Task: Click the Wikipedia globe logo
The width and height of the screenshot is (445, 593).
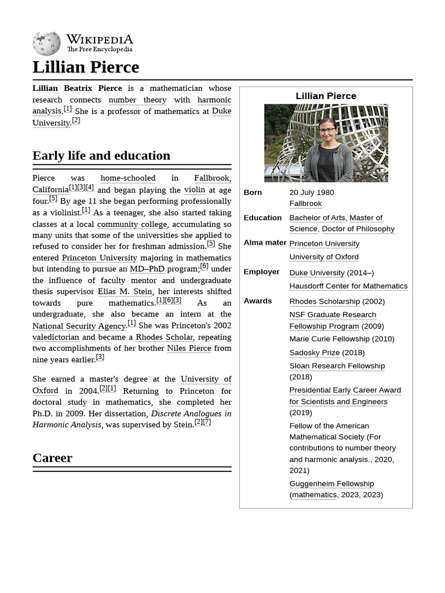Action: [46, 44]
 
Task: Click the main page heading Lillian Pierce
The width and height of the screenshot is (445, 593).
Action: [86, 67]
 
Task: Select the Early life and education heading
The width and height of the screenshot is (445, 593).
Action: [101, 155]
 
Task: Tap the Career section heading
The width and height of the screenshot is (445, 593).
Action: [52, 457]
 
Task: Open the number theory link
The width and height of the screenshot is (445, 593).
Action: [137, 100]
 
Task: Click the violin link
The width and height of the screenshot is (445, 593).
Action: [194, 190]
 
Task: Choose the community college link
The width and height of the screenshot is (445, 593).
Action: [132, 224]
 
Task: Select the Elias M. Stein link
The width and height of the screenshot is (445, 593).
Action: [125, 291]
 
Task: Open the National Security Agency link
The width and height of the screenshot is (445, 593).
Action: [79, 326]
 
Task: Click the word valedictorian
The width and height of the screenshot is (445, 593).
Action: [56, 337]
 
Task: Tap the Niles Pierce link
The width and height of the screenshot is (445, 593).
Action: [189, 348]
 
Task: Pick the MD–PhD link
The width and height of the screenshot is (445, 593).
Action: [147, 269]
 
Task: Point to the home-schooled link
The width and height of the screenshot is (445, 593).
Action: [127, 178]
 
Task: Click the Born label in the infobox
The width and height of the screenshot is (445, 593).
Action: [253, 192]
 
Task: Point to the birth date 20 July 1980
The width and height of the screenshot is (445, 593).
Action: [312, 192]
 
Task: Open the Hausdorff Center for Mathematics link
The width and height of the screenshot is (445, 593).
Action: [348, 286]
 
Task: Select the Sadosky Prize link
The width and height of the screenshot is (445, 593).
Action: [314, 352]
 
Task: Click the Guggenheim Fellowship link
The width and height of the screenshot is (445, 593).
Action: [331, 484]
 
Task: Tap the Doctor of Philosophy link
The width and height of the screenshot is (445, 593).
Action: [358, 229]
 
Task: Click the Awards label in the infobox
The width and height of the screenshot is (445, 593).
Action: [257, 301]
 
